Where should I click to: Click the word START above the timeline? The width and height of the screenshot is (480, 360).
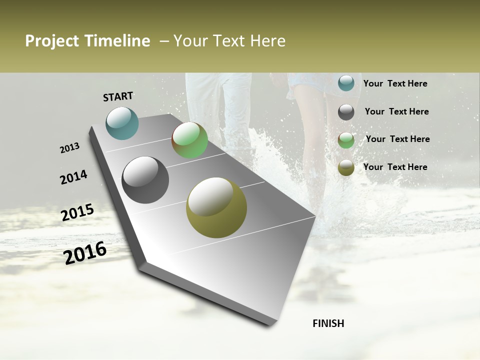(x=118, y=96)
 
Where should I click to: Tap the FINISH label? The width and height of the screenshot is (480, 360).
(x=328, y=323)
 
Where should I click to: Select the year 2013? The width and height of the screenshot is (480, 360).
(x=70, y=148)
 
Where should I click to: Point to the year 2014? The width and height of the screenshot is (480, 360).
(x=73, y=177)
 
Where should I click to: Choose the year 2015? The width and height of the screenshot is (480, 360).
(x=77, y=212)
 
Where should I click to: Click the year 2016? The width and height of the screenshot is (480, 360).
(x=85, y=253)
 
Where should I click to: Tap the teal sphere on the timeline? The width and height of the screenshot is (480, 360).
(x=122, y=123)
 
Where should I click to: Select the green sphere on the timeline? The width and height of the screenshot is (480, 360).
(x=189, y=140)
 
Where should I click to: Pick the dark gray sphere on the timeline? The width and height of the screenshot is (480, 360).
(x=145, y=180)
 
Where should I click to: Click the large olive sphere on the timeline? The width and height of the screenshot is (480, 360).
(x=216, y=207)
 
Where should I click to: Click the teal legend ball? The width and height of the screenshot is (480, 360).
(x=346, y=83)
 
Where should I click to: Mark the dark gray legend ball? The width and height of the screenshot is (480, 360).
(x=346, y=112)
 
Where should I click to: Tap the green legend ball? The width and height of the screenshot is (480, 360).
(x=346, y=140)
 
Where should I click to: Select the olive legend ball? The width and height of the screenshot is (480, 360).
(x=346, y=167)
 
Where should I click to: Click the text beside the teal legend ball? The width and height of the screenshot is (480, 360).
(x=395, y=83)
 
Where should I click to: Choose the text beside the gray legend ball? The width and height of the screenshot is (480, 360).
(x=396, y=111)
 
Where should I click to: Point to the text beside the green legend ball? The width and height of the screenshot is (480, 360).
(x=397, y=139)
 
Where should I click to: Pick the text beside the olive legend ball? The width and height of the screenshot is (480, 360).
(x=395, y=167)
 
